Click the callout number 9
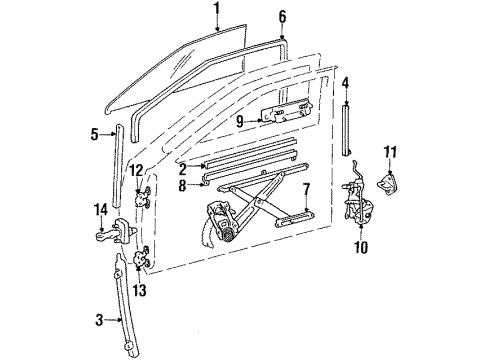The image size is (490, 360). click(241, 121)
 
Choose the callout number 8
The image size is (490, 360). click(184, 184)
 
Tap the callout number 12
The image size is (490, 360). click(137, 171)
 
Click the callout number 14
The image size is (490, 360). click(100, 209)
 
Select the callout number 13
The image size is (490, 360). click(138, 291)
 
